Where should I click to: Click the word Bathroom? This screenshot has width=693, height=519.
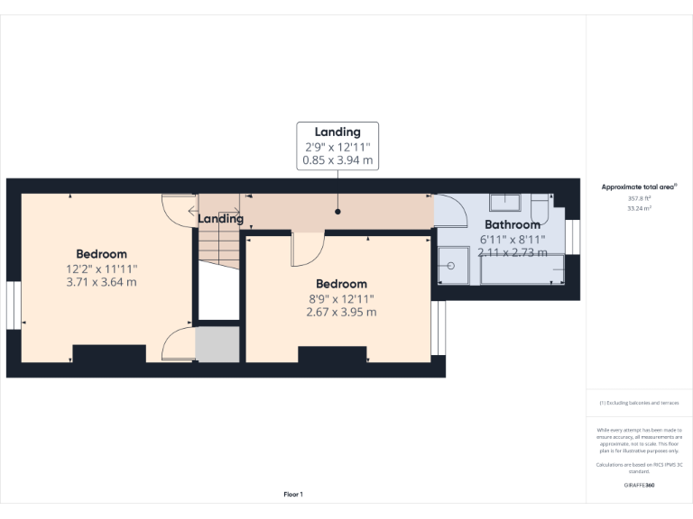[513, 224]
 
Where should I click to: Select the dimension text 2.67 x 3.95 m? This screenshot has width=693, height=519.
[341, 312]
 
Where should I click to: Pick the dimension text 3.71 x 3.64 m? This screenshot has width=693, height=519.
[101, 282]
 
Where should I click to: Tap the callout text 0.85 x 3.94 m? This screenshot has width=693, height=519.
[337, 161]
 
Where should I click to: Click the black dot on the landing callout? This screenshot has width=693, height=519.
[337, 212]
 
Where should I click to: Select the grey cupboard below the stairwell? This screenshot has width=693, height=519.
[217, 345]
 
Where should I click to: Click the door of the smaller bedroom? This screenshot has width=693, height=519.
[307, 249]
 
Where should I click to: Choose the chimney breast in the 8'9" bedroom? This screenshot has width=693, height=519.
[332, 355]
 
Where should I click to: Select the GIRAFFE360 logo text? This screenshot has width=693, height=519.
[639, 486]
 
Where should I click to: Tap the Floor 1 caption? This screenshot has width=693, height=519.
[293, 495]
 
